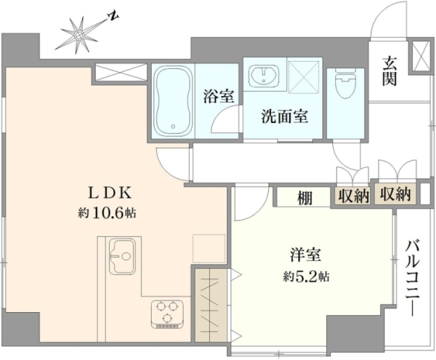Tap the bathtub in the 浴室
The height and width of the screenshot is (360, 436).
point(173,101)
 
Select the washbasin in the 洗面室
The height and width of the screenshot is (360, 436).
point(264,76)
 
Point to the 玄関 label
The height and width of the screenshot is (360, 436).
point(389,71)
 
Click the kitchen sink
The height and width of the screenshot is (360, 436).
point(122,256)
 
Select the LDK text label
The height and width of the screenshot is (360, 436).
point(110,193)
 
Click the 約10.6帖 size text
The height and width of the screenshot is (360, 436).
point(107,213)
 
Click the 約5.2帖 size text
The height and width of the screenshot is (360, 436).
point(307,276)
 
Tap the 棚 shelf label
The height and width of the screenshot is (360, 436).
point(304,198)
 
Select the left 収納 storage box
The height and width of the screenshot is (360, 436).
point(352,196)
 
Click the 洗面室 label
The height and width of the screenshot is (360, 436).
point(284,116)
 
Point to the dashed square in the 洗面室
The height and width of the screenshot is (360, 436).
point(304,76)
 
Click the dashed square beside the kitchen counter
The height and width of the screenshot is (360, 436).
point(209,249)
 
